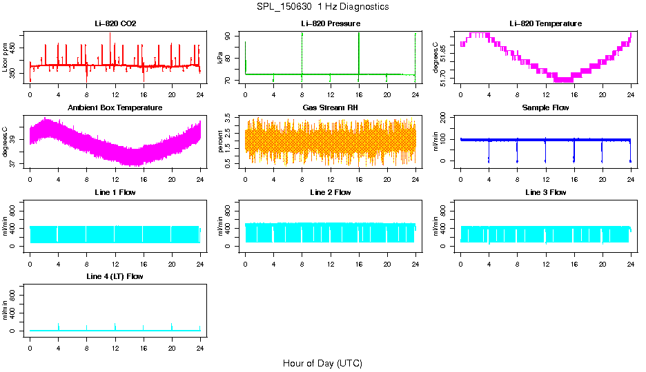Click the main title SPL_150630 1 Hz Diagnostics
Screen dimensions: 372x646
[x=322, y=7]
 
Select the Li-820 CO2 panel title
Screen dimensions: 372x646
[x=115, y=23]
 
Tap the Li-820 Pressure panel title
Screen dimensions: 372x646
[x=330, y=23]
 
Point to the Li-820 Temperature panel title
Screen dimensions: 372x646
[x=545, y=23]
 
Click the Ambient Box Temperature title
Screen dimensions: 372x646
[x=115, y=107]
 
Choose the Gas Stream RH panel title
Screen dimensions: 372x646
[x=330, y=107]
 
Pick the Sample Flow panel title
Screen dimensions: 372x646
[x=545, y=107]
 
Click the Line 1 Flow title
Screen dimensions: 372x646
[x=115, y=192]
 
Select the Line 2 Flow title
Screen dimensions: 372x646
[x=330, y=192]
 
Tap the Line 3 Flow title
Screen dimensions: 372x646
[x=545, y=192]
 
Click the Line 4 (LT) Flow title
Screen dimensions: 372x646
[x=115, y=276]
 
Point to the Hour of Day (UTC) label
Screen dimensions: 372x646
[x=322, y=363]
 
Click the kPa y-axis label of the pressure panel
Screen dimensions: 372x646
[x=220, y=58]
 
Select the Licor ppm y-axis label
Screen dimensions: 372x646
[x=6, y=58]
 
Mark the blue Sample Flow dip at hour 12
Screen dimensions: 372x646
[x=545, y=152]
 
